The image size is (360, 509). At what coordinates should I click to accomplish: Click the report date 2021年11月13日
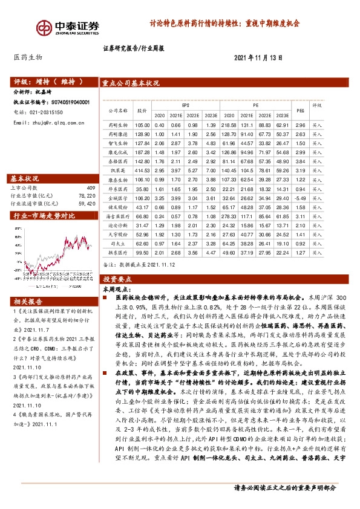pyautogui.click(x=258, y=57)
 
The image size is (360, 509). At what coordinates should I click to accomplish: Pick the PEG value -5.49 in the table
pyautogui.click(x=298, y=198)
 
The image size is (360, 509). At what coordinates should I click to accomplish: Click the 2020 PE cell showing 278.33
pyautogui.click(x=229, y=216)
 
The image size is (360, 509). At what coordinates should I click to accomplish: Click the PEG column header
pyautogui.click(x=298, y=109)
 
